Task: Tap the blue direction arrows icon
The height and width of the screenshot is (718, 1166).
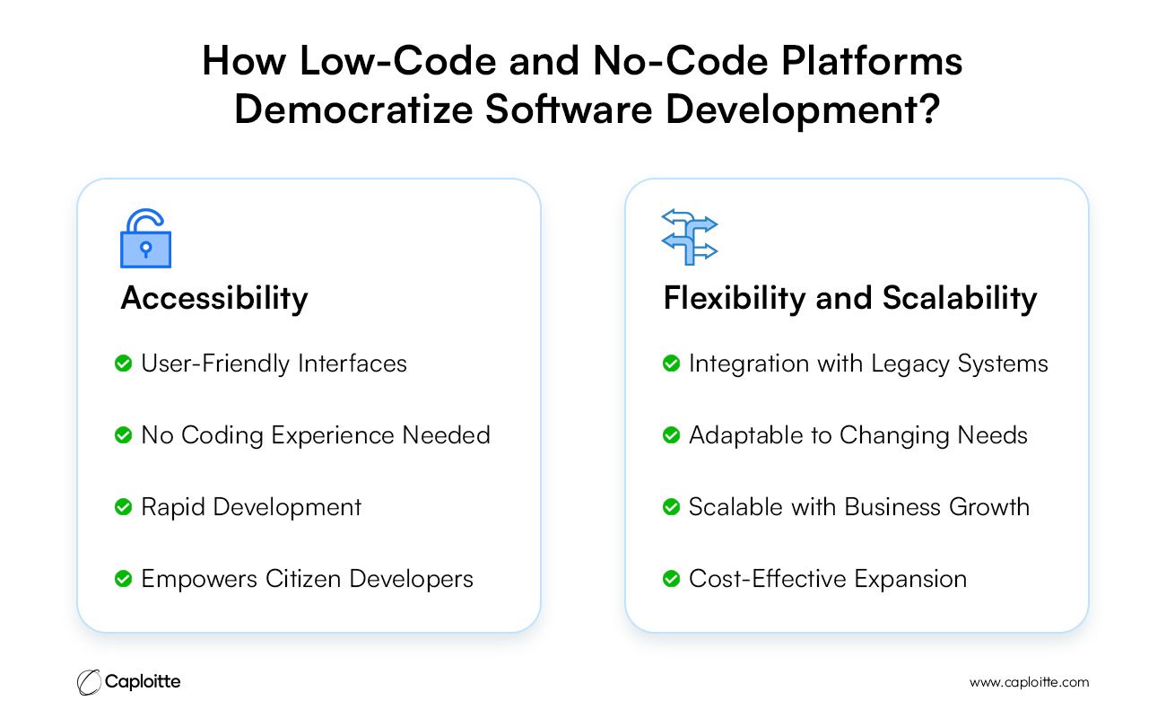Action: (689, 237)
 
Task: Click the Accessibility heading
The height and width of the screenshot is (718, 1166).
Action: (214, 299)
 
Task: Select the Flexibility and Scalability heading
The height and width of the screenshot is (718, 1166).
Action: (850, 299)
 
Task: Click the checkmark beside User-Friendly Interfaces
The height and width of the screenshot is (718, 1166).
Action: (124, 363)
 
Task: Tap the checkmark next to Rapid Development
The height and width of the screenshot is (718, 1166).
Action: (124, 506)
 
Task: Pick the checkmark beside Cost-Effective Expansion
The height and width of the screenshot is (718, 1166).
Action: (672, 578)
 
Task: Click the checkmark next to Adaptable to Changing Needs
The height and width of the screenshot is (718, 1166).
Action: (672, 435)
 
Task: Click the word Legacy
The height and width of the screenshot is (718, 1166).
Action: (909, 364)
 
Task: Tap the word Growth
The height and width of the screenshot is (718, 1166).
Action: (989, 507)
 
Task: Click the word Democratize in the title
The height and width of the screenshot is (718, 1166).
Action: (354, 109)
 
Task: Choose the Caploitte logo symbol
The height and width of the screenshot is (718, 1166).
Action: (89, 682)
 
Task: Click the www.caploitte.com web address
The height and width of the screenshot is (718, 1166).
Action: (1029, 682)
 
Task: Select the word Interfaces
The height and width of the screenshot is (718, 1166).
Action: (352, 363)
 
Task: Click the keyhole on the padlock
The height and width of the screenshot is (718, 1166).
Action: (146, 250)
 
